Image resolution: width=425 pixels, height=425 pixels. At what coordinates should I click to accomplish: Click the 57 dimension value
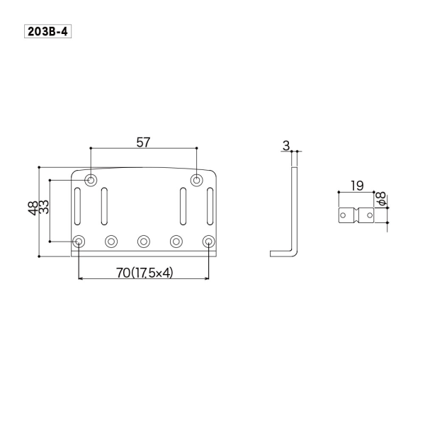click(143, 142)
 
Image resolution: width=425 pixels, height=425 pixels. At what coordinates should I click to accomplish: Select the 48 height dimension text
click(33, 210)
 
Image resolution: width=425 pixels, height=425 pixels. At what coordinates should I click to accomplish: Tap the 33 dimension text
click(44, 210)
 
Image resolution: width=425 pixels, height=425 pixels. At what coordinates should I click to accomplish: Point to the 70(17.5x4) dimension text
click(142, 272)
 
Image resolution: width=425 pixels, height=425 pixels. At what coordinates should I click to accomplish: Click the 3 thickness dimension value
click(285, 146)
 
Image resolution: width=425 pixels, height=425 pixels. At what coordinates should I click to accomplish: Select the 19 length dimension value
click(356, 186)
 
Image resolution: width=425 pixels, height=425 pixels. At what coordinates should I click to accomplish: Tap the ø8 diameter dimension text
click(380, 199)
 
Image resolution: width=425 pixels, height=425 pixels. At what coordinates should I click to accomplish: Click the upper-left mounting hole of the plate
click(91, 180)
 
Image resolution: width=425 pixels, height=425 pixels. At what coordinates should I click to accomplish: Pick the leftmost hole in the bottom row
click(79, 242)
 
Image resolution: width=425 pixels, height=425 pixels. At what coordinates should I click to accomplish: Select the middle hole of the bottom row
click(144, 242)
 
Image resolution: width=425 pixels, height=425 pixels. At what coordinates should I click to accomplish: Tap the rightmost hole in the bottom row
click(208, 242)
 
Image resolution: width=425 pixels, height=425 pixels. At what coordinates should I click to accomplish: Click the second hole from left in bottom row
click(111, 242)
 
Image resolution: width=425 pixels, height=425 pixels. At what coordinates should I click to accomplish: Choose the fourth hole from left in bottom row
click(176, 242)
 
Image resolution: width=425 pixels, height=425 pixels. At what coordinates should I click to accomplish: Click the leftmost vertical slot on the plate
click(78, 205)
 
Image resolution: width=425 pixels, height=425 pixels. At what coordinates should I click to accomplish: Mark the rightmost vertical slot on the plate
click(210, 205)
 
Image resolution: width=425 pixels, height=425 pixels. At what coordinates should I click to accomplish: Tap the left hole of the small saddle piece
click(344, 214)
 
